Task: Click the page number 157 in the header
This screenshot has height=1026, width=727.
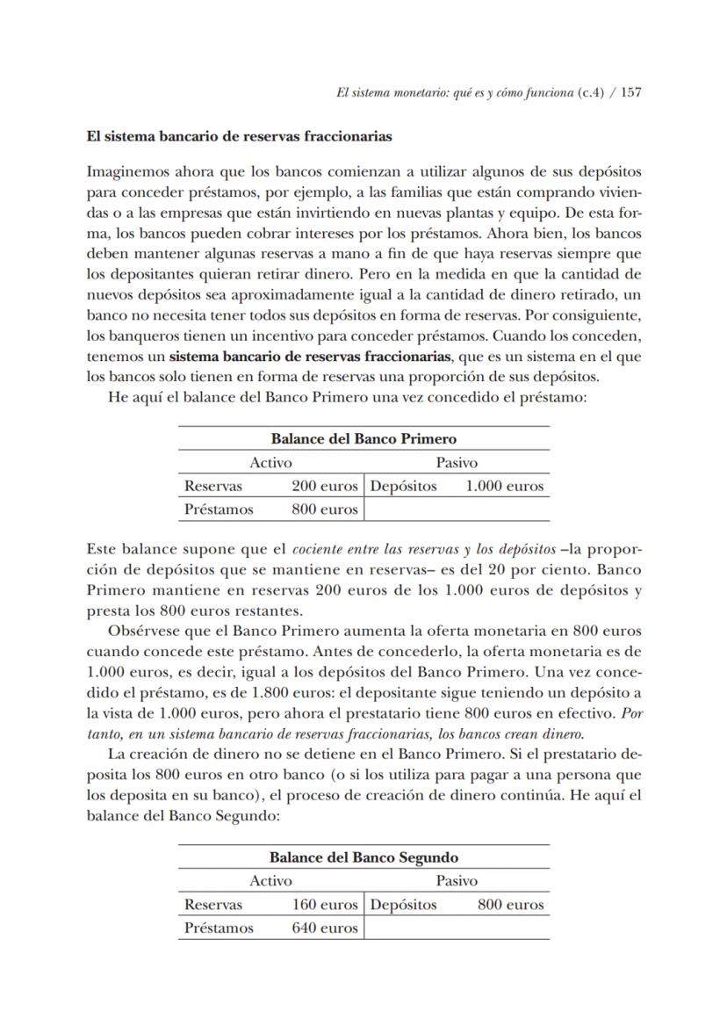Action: [630, 92]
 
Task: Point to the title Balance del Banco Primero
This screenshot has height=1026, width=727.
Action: [363, 438]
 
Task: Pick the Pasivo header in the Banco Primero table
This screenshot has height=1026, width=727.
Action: [457, 462]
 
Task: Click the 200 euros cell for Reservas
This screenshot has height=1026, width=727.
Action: [325, 486]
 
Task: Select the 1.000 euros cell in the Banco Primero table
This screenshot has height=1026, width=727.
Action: [504, 486]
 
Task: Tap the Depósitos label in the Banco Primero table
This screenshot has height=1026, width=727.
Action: [404, 486]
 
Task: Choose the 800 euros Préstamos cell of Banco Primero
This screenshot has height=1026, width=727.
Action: [325, 509]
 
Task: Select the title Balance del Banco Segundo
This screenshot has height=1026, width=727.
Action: [363, 857]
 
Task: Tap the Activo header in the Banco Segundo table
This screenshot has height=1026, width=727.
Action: [270, 880]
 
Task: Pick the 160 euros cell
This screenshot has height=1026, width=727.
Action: [325, 904]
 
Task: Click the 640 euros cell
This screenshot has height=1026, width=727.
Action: [325, 928]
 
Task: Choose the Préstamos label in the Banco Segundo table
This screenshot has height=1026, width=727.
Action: [219, 928]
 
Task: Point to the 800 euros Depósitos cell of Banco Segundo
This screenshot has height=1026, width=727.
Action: [511, 904]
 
